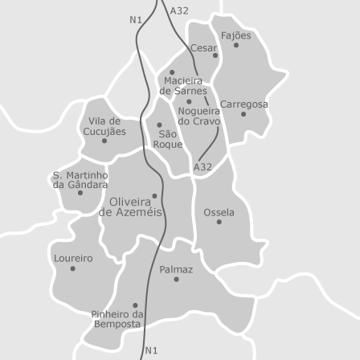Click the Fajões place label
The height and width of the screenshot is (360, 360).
click(235, 35)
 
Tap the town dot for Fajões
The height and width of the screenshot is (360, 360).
click(235, 45)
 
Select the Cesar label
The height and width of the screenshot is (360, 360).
click(203, 47)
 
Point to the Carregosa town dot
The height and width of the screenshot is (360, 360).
click(243, 114)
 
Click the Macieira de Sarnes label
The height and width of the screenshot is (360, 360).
click(182, 86)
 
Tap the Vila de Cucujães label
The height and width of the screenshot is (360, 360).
click(104, 125)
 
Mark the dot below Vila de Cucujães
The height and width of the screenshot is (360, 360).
click(104, 141)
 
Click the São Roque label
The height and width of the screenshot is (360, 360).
click(167, 139)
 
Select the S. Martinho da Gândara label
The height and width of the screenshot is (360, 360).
click(80, 179)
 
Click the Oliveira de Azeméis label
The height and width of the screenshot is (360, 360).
click(130, 207)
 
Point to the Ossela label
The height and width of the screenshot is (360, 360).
click(219, 212)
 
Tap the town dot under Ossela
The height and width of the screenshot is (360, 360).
click(219, 222)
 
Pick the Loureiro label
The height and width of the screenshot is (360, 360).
click(72, 258)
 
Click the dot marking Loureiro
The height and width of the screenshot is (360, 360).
click(72, 268)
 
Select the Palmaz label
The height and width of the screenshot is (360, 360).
click(176, 270)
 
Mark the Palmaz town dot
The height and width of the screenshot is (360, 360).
click(176, 280)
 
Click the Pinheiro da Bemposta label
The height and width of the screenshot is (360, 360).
click(118, 318)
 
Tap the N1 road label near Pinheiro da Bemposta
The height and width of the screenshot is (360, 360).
click(152, 350)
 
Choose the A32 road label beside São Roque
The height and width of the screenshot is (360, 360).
click(202, 167)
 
